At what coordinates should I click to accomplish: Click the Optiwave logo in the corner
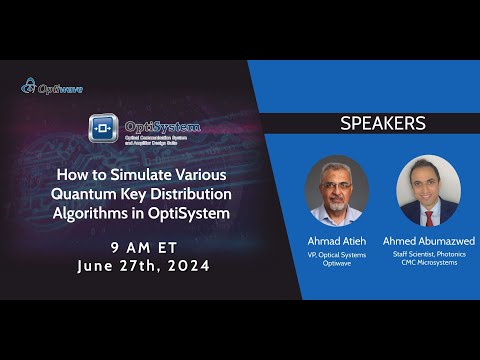(52, 87)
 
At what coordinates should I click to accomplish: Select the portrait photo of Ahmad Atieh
(337, 191)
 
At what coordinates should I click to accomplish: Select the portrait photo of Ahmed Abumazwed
(428, 191)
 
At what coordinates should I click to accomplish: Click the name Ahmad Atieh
(337, 241)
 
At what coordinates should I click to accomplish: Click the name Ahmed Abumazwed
(428, 241)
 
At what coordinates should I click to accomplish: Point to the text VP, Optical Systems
(337, 255)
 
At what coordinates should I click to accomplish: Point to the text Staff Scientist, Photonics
(428, 255)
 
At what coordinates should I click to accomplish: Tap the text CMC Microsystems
(428, 265)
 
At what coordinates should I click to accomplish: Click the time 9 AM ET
(145, 246)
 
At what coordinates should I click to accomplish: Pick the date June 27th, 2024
(145, 266)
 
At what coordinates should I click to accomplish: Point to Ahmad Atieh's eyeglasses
(337, 181)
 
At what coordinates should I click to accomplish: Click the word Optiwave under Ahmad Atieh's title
(337, 265)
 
